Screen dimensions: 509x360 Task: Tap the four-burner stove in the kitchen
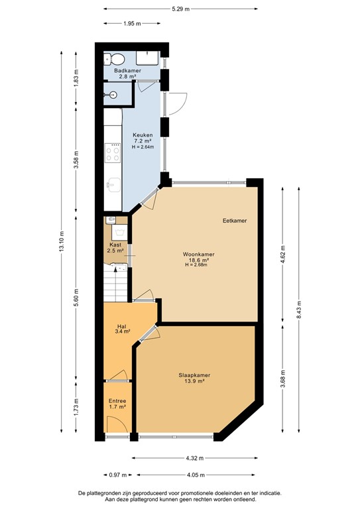click(113, 154)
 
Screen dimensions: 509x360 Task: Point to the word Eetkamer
click(234, 221)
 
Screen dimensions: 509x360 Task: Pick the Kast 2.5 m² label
click(116, 248)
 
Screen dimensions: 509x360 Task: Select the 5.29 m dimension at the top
click(180, 9)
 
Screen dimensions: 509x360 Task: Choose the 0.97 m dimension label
click(113, 475)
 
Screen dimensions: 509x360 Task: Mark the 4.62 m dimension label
click(282, 254)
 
